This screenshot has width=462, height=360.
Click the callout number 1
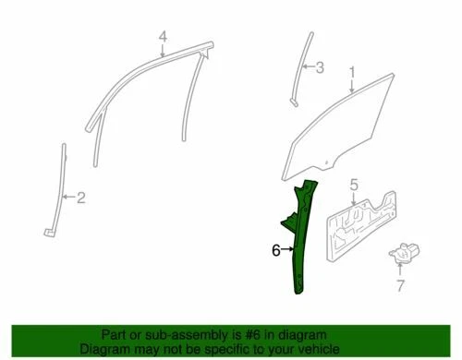(351, 71)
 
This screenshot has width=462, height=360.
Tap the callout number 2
(81, 196)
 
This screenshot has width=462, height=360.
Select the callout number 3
(320, 67)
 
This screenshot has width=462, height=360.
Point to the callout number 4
(162, 38)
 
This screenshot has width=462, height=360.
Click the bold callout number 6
(275, 249)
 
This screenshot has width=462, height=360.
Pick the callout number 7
(399, 285)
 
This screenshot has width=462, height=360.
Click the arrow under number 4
(162, 52)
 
